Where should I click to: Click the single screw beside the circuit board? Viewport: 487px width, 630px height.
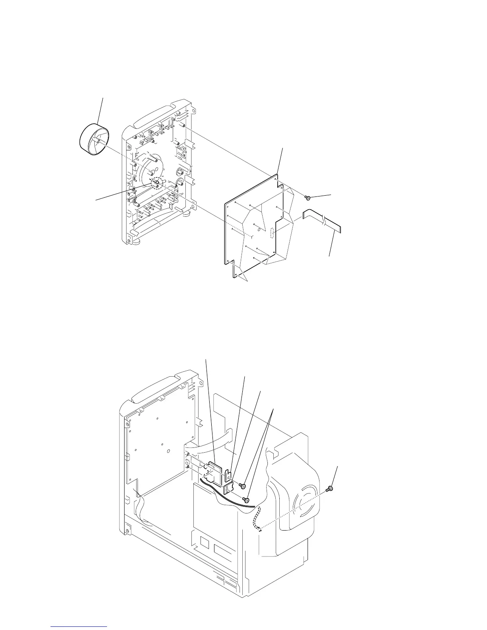tap(308, 197)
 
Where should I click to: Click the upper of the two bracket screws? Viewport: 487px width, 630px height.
tap(242, 486)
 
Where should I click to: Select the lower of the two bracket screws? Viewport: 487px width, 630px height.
tap(246, 499)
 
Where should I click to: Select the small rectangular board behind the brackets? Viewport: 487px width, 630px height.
tap(215, 471)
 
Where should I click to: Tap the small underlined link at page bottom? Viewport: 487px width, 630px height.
tap(79, 627)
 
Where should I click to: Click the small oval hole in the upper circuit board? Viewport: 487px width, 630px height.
tap(259, 229)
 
